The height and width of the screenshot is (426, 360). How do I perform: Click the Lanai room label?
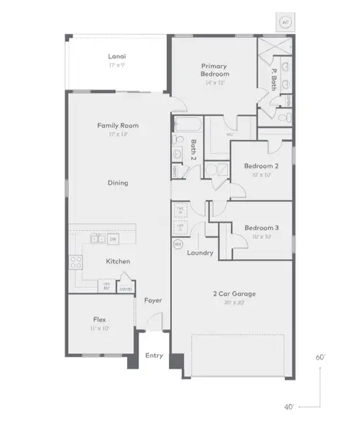coord(117,56)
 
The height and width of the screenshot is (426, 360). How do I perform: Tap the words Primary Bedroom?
coord(214,70)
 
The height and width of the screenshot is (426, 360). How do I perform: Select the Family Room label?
coord(118,126)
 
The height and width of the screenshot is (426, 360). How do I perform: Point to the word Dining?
coord(118,183)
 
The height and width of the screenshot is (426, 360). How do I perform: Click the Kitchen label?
coord(118,261)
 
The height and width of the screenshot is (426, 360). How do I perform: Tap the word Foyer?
coord(153,300)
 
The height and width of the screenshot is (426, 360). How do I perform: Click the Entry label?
coord(153,355)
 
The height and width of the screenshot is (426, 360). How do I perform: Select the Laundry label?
coord(200,253)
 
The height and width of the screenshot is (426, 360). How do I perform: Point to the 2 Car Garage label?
coord(234,293)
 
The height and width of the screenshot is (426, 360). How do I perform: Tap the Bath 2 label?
coord(192,150)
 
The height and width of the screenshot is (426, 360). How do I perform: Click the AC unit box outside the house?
coord(285,22)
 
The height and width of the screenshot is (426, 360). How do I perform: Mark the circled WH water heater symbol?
coord(178,244)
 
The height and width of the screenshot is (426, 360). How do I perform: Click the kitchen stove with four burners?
coord(75,261)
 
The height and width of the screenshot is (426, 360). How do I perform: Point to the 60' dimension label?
coord(321,358)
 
